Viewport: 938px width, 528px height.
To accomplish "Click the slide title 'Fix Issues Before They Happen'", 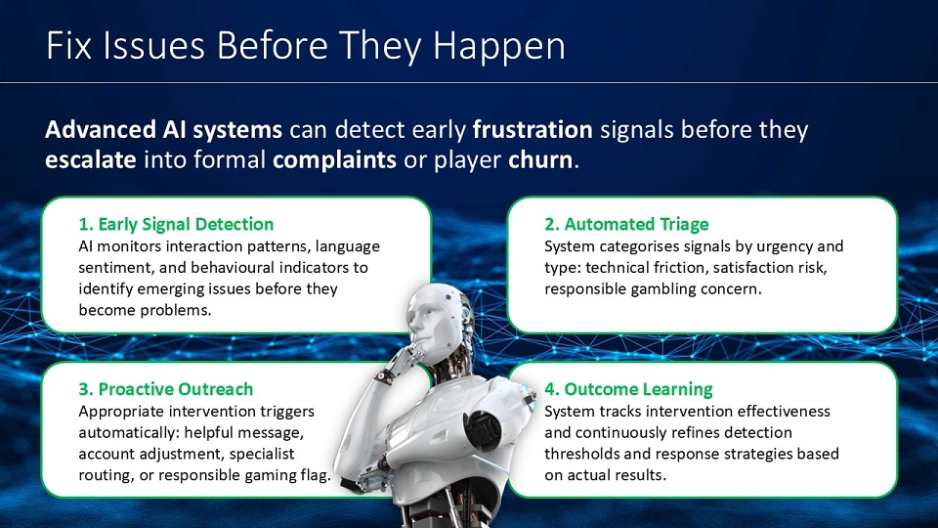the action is pos(305,47).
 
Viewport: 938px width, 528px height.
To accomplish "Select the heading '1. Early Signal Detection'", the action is pos(176,225).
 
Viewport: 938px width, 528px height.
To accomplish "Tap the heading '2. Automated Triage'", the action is pos(626,225).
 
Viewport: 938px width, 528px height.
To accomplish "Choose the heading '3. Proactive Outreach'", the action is pos(166,389).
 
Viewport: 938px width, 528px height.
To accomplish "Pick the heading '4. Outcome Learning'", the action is pos(628,389).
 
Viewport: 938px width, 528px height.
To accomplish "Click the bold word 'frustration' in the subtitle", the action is pos(533,130).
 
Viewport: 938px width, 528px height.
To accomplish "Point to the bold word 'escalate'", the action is pos(90,159).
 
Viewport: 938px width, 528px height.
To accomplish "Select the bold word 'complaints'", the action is pos(334,160).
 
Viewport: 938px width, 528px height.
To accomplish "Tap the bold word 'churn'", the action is pos(540,159).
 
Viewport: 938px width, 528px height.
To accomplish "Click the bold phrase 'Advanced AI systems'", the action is pos(163,130).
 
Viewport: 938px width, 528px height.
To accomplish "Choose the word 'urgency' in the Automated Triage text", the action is pos(783,247).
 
